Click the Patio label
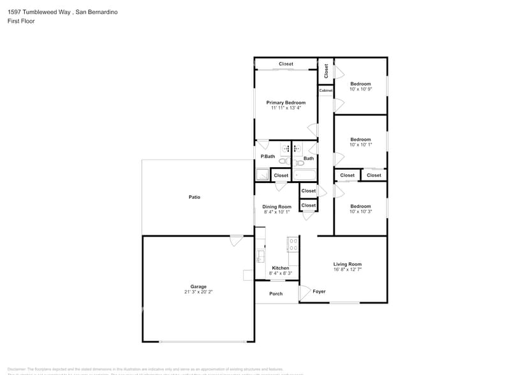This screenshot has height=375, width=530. [x=195, y=197]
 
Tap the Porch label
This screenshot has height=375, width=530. [x=276, y=294]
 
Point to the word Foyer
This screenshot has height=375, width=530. [x=319, y=291]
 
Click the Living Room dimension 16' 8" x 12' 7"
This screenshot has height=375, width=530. [x=348, y=270]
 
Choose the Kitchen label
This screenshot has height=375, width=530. [x=281, y=268]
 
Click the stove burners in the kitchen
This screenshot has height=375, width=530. [x=293, y=244]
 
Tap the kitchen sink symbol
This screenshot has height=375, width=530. [x=260, y=256]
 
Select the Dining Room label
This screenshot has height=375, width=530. [x=277, y=207]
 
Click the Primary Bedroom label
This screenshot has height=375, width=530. [x=286, y=103]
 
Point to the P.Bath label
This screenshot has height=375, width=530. [x=267, y=156]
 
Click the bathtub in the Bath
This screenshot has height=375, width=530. [x=305, y=174]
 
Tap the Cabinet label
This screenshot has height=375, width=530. [x=326, y=91]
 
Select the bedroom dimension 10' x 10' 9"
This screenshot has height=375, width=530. [x=360, y=89]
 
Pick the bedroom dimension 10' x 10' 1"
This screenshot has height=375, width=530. [x=360, y=145]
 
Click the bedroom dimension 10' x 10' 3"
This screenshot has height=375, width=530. [x=360, y=212]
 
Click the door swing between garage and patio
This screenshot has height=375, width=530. [x=236, y=241]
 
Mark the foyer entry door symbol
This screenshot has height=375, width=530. [x=305, y=292]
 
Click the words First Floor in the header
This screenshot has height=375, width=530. [x=22, y=21]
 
